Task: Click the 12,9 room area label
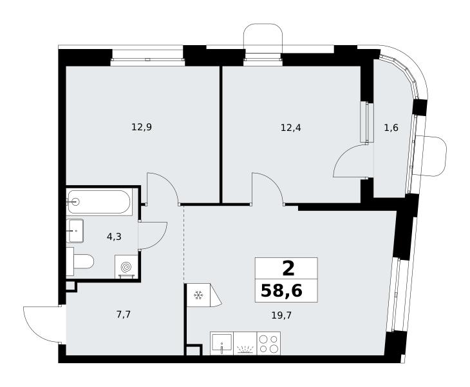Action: (142, 127)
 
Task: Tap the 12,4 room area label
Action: (291, 128)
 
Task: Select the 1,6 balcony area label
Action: (391, 128)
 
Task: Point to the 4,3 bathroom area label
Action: (114, 237)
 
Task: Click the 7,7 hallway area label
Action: (123, 315)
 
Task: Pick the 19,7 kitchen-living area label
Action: (281, 315)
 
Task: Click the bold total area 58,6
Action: (281, 291)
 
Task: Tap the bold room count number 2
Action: (288, 268)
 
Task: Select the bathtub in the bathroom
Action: (99, 202)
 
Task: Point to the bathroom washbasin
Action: (76, 230)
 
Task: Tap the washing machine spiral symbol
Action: (126, 266)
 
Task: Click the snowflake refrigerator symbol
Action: (198, 295)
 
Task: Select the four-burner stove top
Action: (268, 344)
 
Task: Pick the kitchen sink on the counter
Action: (222, 344)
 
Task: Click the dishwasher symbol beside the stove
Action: (245, 344)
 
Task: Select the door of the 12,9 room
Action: (169, 180)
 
